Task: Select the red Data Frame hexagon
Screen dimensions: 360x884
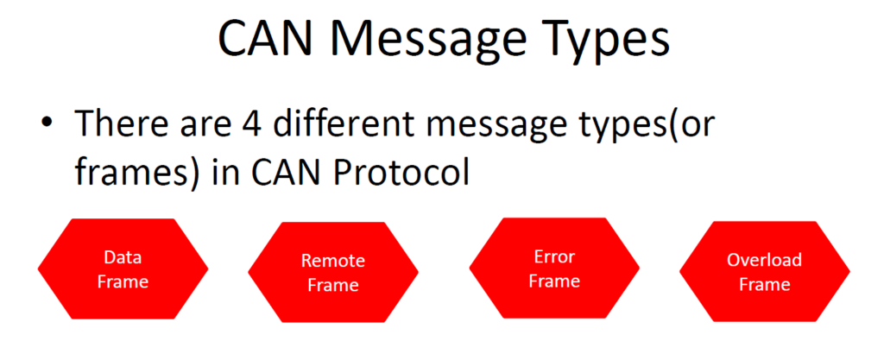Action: pos(123,269)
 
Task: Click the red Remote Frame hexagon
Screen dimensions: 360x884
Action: pos(333,273)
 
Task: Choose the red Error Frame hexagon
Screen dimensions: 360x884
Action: pos(553,268)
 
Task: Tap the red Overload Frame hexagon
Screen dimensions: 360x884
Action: pos(764,272)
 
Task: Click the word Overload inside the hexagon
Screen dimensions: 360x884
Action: pos(764,260)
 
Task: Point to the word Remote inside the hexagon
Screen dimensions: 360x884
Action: pos(333,261)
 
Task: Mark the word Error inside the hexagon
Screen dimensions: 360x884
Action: pos(553,256)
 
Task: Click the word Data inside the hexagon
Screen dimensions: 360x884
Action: pos(123,257)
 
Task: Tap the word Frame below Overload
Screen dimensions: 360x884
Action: pos(764,284)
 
